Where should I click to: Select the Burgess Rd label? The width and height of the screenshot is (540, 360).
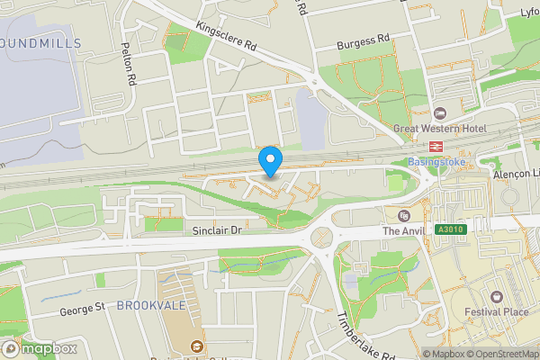coord(363,40)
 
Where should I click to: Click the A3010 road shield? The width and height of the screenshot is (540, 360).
coord(451,230)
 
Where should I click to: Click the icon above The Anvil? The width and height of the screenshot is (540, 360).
coord(404,215)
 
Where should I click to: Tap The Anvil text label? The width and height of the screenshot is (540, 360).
coord(402,230)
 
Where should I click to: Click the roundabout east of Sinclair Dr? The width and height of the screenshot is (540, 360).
coord(321,238)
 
